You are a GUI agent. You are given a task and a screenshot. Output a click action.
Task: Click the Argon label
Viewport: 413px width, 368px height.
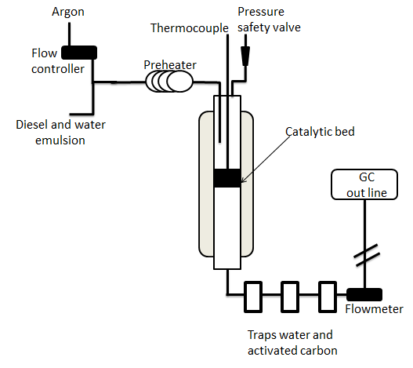pos(68,13)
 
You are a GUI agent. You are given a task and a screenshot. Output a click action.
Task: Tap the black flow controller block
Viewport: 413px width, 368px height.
pos(79,53)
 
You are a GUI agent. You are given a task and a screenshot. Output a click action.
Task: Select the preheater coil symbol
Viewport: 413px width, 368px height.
pos(169,82)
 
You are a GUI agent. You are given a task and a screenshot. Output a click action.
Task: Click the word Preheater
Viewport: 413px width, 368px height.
pos(170,65)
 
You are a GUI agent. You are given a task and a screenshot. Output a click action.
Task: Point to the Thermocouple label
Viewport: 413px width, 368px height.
pos(190,28)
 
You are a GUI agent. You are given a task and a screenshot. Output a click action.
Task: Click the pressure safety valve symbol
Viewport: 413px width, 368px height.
pos(245,56)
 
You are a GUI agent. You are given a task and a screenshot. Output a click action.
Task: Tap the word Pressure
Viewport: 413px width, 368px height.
pos(261,12)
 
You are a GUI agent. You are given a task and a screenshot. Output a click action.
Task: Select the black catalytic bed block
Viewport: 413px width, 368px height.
pos(227,178)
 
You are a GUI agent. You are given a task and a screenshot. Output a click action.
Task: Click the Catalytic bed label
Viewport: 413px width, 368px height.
pos(320,131)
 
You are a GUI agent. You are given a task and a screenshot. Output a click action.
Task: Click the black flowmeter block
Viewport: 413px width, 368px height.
pos(364,295)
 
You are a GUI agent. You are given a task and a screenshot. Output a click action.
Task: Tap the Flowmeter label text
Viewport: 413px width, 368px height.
pos(374,309)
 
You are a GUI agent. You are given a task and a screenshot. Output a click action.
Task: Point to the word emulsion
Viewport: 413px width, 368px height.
pos(60,140)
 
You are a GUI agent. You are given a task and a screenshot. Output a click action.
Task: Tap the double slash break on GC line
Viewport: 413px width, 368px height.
pos(367,255)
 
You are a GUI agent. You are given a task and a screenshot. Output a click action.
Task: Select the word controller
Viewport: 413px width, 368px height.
pos(58,69)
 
